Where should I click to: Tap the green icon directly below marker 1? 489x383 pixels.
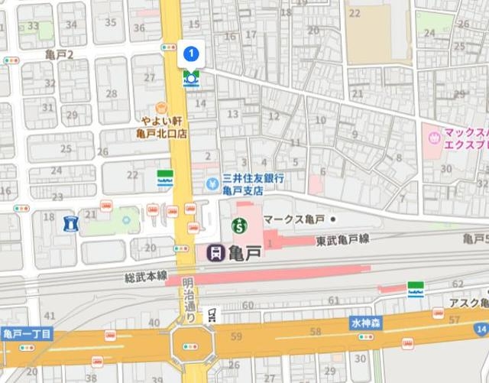point(190,77)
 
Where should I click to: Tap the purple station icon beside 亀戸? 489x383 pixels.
point(216,252)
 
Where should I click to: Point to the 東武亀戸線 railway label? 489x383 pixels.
point(342,240)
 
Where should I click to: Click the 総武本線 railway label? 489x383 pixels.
point(146,276)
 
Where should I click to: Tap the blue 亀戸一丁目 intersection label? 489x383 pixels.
point(27,334)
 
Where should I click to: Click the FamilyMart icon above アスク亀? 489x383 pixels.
point(416,290)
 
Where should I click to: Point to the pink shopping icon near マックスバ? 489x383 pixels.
point(435,138)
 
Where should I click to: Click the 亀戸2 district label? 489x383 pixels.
point(59,54)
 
